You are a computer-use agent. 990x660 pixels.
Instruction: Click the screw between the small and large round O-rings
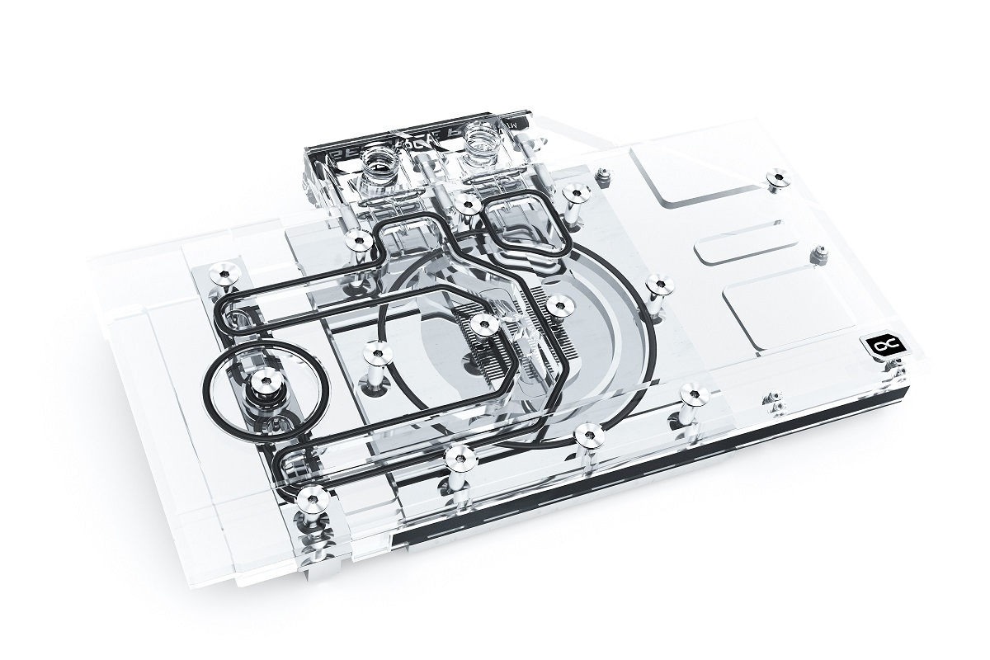pyautogui.click(x=378, y=355)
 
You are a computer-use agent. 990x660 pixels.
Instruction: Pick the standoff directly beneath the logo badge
pyautogui.click(x=773, y=401)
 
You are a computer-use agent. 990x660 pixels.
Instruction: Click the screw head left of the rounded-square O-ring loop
pyautogui.click(x=468, y=203)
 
